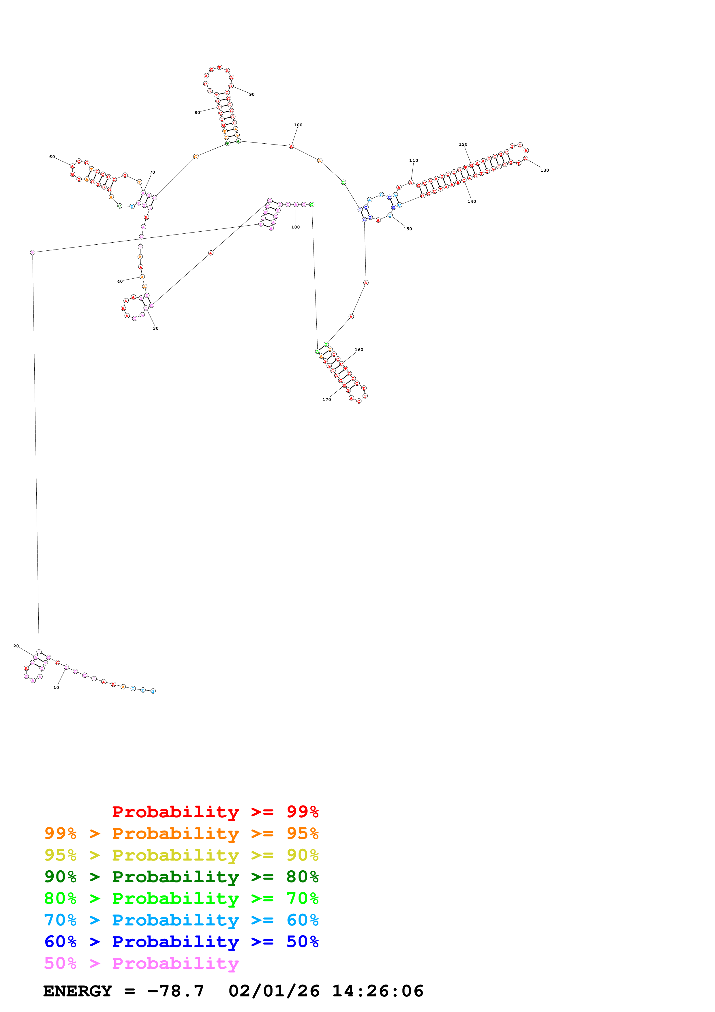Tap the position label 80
tap(197, 113)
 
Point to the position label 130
tap(545, 170)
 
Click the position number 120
tap(463, 144)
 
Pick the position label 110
tap(413, 160)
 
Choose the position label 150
tap(408, 229)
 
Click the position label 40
tap(120, 281)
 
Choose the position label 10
tap(56, 687)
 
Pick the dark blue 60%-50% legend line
tap(181, 942)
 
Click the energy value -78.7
tap(176, 991)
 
